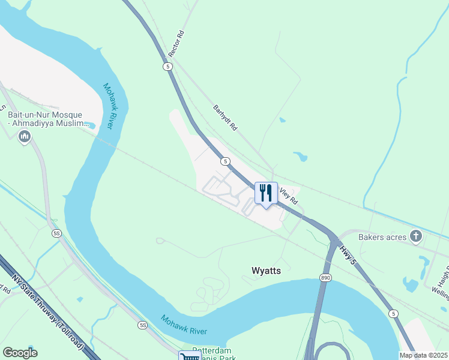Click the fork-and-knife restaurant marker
pos(266,193)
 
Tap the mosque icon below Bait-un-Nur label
pos(25,137)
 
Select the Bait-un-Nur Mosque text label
pos(49,119)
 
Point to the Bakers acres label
pos(382,237)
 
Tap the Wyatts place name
pos(265,271)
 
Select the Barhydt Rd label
pos(226,118)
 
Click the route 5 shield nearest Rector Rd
pos(168,65)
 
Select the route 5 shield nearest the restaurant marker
pos(224,161)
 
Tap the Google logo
pos(20,353)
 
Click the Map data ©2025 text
pos(423,355)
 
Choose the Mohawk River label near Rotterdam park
pos(184,324)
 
